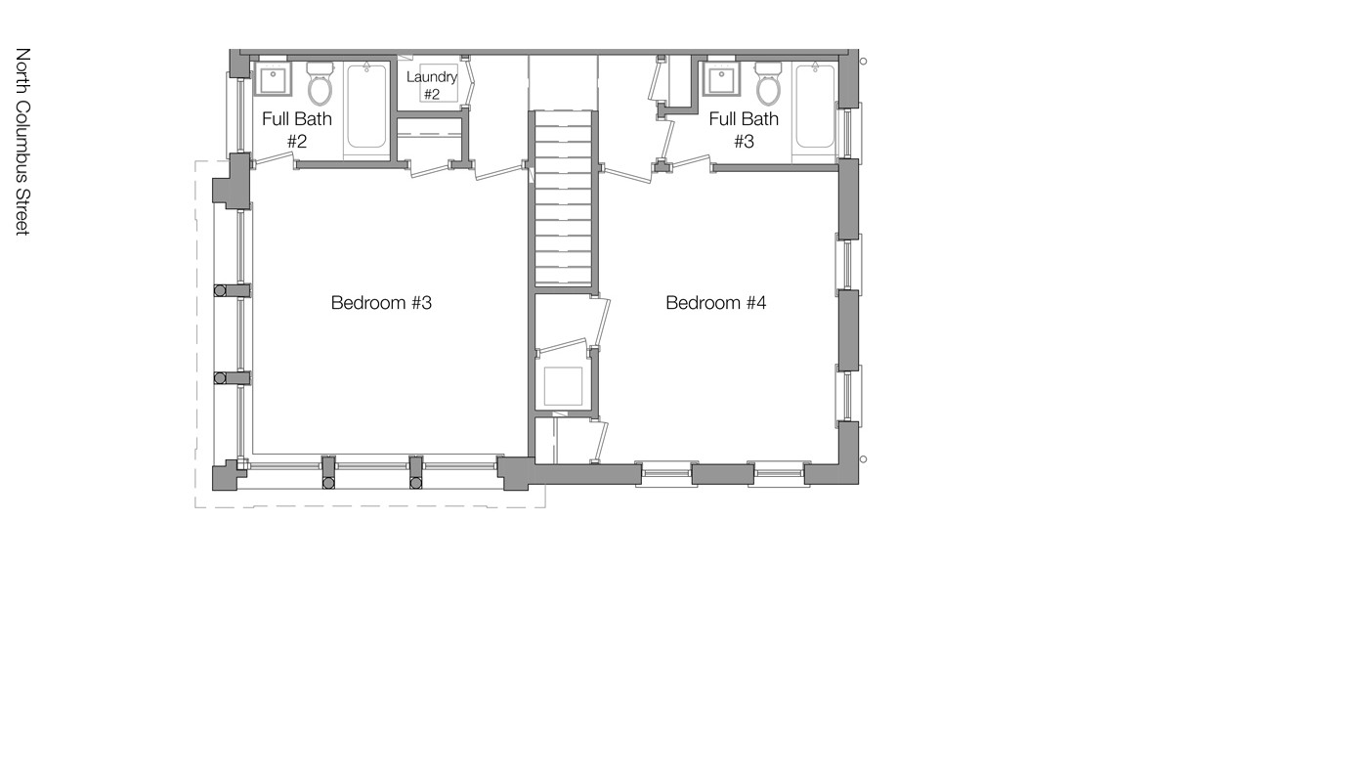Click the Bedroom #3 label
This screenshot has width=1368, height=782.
381,303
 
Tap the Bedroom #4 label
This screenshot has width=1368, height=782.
715,303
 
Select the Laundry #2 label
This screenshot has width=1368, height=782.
431,85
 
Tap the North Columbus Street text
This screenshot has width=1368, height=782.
22,141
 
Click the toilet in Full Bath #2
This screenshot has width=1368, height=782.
320,85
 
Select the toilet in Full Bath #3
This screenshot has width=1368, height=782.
768,85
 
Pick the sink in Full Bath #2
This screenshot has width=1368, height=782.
272,79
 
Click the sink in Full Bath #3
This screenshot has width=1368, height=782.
721,79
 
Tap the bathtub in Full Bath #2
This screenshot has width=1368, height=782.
366,107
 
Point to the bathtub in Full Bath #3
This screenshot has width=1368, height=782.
814,107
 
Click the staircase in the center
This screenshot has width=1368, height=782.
563,200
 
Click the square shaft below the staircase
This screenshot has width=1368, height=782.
563,386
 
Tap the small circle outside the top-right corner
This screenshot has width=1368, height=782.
863,62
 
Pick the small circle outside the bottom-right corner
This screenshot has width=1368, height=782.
863,459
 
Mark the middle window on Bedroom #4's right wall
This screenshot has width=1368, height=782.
848,264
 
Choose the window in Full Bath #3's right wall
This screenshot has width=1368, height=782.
848,132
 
